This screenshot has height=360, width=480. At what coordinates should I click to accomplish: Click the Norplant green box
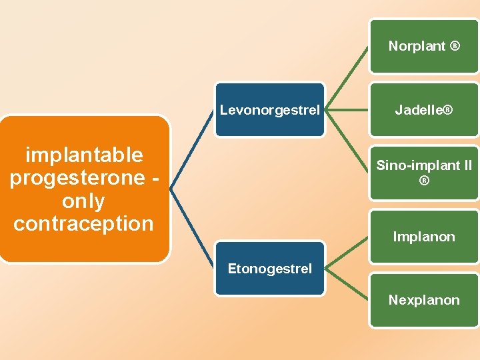coord(424,46)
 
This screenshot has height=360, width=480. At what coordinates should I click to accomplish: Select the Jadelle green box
coord(424,109)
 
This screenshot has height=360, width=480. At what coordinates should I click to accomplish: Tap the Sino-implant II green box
coord(424,173)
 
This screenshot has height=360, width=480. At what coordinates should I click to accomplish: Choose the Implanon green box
coord(424,237)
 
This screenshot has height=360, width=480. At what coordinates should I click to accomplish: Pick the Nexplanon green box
coord(424,300)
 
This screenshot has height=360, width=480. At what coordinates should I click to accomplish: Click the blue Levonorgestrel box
coord(269,109)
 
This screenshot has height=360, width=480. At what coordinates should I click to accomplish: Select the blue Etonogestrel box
coord(269,269)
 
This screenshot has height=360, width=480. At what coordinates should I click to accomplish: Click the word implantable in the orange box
coord(84,155)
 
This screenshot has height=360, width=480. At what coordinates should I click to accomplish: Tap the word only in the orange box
coord(84,201)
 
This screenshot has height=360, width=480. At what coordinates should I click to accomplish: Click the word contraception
coord(84,223)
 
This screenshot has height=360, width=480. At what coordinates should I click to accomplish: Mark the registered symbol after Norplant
coord(455,46)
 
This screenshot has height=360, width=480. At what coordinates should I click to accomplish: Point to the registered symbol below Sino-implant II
coord(424,181)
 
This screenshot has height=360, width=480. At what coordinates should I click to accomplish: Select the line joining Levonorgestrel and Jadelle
coord(347,109)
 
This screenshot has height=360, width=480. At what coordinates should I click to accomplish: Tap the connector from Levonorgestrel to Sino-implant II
coord(347,141)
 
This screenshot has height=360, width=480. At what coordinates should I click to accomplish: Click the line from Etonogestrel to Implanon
coord(347,253)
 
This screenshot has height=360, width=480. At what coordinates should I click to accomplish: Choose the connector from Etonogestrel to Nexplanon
coord(347,285)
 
